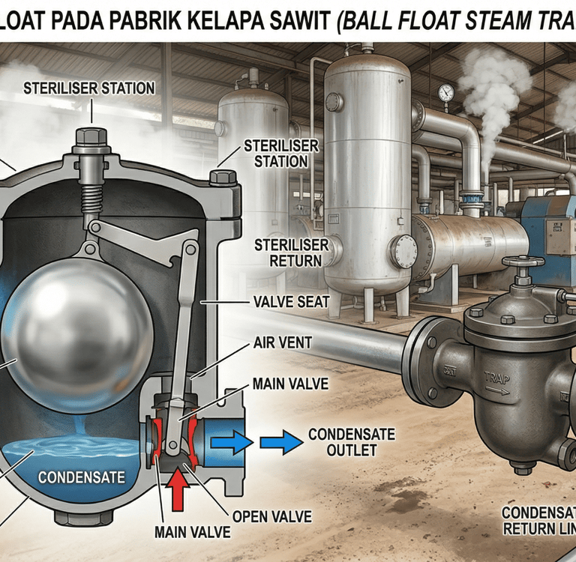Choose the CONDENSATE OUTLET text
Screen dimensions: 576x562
pos(341,442)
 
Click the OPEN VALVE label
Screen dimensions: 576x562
pos(272,516)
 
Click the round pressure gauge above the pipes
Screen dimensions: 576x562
pos(445,92)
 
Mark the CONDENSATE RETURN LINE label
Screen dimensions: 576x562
pos(538,520)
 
